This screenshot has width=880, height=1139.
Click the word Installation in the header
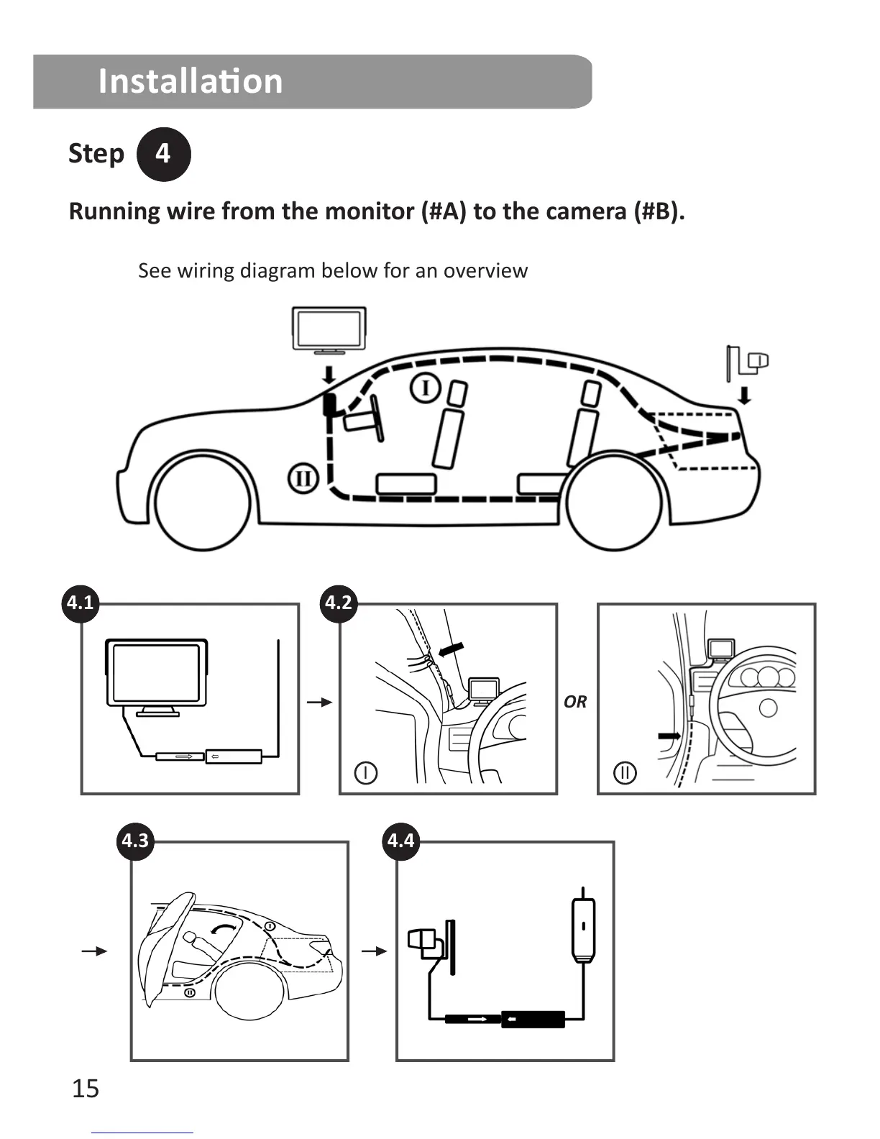[191, 81]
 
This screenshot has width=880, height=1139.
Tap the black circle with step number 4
[163, 154]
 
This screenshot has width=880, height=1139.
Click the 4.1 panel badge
[80, 602]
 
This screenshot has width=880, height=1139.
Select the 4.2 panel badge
[339, 602]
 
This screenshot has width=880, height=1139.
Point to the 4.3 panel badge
[134, 840]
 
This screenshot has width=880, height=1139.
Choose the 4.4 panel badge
[400, 840]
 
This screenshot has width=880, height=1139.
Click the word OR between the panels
[575, 702]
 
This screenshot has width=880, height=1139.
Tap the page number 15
[85, 1089]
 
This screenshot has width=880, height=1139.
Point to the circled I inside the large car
[425, 388]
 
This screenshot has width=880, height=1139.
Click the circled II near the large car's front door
[303, 478]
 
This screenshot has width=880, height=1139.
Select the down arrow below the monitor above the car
[329, 374]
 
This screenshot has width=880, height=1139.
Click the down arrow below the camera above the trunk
[745, 395]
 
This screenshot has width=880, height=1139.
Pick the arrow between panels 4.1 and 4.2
[319, 702]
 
